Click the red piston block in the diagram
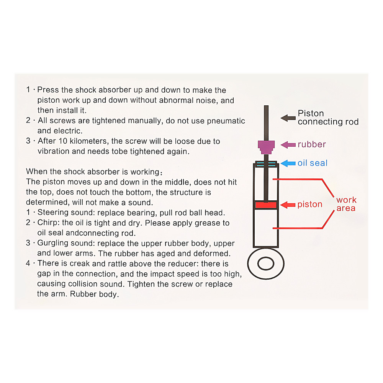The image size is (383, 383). coord(266,205)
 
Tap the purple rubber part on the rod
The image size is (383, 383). coord(266,146)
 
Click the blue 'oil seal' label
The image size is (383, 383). coord(313,163)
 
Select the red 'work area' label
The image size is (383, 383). coord(346,204)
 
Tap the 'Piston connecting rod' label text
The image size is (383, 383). coord(328,118)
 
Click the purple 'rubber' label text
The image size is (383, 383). coord(312,144)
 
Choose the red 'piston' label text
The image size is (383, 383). coord(310,205)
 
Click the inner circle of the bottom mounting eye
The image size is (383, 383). coord(266,264)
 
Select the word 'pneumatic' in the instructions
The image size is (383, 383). coord(226,121)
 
